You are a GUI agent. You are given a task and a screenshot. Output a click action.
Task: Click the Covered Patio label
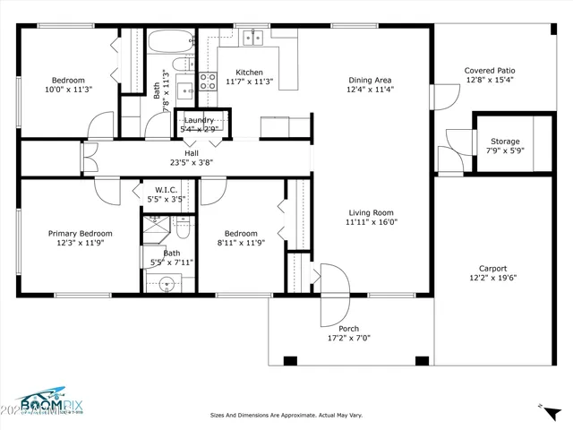pos(490,70)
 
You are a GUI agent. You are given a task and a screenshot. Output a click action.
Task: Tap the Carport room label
pos(492,268)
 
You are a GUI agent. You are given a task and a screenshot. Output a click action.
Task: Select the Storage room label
pos(504,141)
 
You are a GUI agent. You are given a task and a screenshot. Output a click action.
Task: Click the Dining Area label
pos(370,80)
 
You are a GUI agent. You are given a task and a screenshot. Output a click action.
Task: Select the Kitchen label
pos(249,73)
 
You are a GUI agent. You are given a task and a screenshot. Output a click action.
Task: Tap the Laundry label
pos(200,119)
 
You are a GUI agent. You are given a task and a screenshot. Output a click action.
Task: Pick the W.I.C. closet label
pos(167,190)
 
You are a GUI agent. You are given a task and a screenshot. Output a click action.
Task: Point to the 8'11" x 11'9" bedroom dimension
pos(241,242)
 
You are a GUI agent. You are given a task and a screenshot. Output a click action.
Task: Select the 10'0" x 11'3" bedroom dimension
pos(69,90)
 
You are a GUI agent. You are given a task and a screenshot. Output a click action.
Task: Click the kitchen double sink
pos(248,37)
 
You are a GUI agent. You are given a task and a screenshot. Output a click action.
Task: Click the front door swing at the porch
pos(333,296)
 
